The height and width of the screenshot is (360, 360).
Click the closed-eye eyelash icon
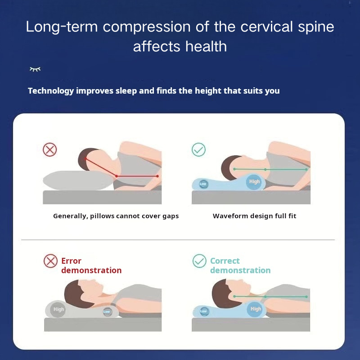[x=35, y=69]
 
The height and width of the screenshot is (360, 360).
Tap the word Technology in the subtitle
[x=51, y=91]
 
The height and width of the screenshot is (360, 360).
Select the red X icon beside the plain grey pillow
[x=50, y=150]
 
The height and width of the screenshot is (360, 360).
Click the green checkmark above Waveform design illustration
[x=198, y=150]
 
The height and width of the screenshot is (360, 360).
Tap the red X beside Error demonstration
[x=50, y=261]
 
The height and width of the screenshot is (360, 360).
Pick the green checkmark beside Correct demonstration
[x=199, y=261]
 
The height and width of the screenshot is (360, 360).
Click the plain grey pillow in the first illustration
[x=78, y=180]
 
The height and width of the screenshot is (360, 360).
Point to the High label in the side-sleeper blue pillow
[x=254, y=182]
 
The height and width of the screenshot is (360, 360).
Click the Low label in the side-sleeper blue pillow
[x=203, y=184]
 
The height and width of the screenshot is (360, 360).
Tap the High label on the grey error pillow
[x=58, y=310]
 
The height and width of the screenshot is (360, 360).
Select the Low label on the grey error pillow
[x=107, y=311]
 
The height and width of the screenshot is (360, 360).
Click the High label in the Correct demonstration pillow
[x=256, y=309]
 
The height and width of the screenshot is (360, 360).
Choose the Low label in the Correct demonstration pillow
[x=203, y=311]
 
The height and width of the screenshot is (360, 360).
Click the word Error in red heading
[x=71, y=261]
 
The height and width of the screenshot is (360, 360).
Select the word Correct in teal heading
[x=225, y=261]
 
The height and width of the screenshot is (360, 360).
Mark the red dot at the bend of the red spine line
[x=117, y=176]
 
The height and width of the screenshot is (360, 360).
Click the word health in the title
[x=206, y=46]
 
